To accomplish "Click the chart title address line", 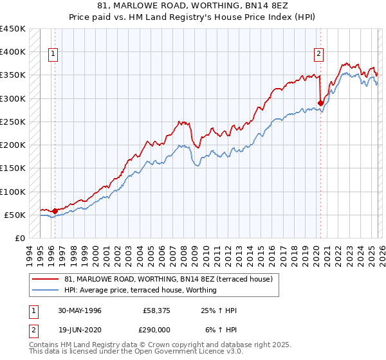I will point(193,6).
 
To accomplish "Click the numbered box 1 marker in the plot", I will point(54,55).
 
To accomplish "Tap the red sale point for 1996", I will point(55,210).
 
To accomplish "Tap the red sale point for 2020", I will point(320,102).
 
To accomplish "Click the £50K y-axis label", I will point(15,215).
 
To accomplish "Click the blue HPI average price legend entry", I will point(140,290).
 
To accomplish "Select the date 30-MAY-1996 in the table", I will point(78,310).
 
